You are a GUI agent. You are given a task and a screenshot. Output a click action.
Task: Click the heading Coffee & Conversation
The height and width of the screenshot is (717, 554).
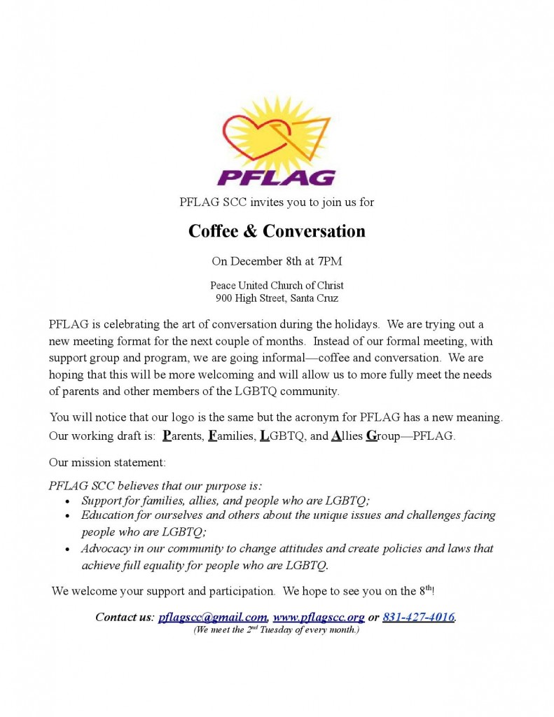[277, 231]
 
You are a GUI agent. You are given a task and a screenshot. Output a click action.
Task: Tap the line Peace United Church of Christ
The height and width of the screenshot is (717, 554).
[277, 286]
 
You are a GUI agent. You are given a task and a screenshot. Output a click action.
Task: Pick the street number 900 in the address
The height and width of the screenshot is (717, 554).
[225, 298]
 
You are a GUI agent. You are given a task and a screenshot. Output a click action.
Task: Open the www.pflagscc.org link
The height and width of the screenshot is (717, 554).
[319, 617]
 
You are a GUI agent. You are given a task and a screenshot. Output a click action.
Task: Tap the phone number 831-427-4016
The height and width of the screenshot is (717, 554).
[418, 617]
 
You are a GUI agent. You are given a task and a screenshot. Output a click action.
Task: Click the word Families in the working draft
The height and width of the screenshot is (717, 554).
[231, 436]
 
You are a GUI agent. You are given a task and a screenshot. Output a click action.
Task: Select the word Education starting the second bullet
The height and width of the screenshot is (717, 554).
[107, 515]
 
